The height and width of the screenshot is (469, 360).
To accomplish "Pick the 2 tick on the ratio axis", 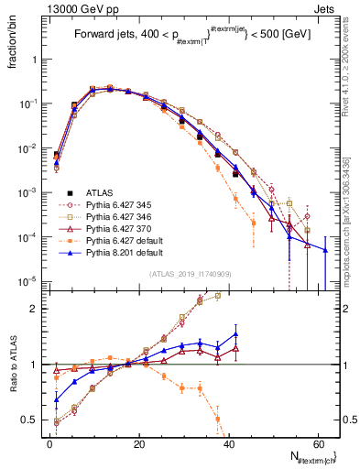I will tap(37, 309).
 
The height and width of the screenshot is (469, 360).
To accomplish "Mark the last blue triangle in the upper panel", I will tap(325, 249).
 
